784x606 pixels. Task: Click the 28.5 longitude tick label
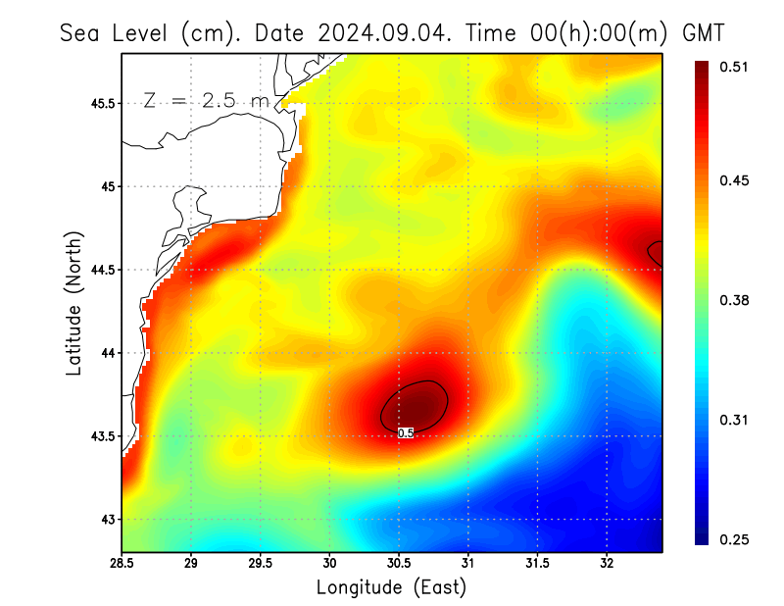(x=122, y=564)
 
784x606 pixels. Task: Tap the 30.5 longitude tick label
(x=399, y=564)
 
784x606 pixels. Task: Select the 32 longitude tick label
(x=607, y=564)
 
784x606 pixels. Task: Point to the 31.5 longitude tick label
(x=537, y=564)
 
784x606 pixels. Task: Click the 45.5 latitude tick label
(x=100, y=103)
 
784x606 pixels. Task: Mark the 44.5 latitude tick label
(x=100, y=270)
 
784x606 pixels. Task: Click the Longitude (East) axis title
(x=391, y=587)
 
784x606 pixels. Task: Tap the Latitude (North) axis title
(x=74, y=303)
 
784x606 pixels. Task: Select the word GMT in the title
(x=704, y=32)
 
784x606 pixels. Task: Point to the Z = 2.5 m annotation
(x=205, y=100)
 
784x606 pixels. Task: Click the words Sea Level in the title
(x=117, y=32)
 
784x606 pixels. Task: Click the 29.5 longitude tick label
(x=261, y=564)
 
